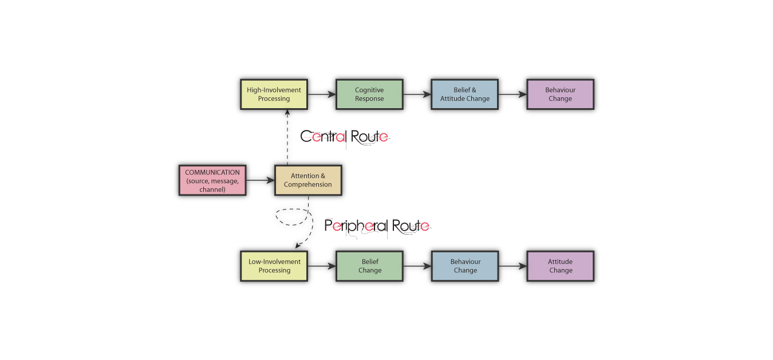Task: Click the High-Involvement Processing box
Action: pyautogui.click(x=274, y=94)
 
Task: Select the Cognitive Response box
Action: pyautogui.click(x=369, y=94)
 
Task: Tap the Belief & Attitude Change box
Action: pyautogui.click(x=465, y=94)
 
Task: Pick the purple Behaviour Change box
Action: pyautogui.click(x=560, y=94)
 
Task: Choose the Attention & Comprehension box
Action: pyautogui.click(x=308, y=180)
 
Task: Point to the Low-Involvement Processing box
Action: pyautogui.click(x=274, y=266)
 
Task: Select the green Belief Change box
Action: pyautogui.click(x=369, y=266)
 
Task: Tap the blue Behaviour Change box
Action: pyautogui.click(x=465, y=266)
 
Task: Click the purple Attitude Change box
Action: pyautogui.click(x=560, y=266)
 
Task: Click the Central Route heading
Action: pyautogui.click(x=345, y=137)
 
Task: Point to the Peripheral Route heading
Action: pyautogui.click(x=377, y=226)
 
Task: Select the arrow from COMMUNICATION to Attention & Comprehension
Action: pyautogui.click(x=260, y=180)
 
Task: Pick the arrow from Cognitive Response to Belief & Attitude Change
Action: pyautogui.click(x=417, y=94)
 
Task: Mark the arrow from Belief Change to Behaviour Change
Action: pyautogui.click(x=417, y=266)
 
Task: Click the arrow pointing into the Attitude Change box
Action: pyautogui.click(x=512, y=266)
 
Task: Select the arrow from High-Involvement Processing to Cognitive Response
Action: pyautogui.click(x=322, y=94)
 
